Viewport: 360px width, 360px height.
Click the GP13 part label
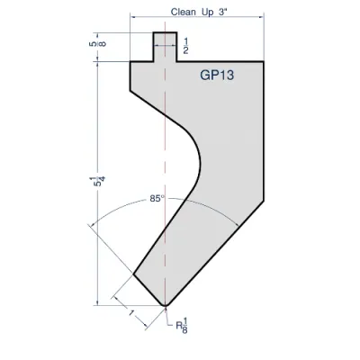coord(217,76)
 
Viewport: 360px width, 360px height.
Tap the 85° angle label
coord(157,199)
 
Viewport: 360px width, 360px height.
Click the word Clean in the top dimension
coord(184,13)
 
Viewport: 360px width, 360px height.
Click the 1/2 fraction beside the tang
coord(185,46)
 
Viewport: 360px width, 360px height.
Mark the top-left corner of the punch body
coord(131,61)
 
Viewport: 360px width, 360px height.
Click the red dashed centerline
coord(166,135)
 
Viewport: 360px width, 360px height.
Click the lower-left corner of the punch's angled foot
coord(133,273)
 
